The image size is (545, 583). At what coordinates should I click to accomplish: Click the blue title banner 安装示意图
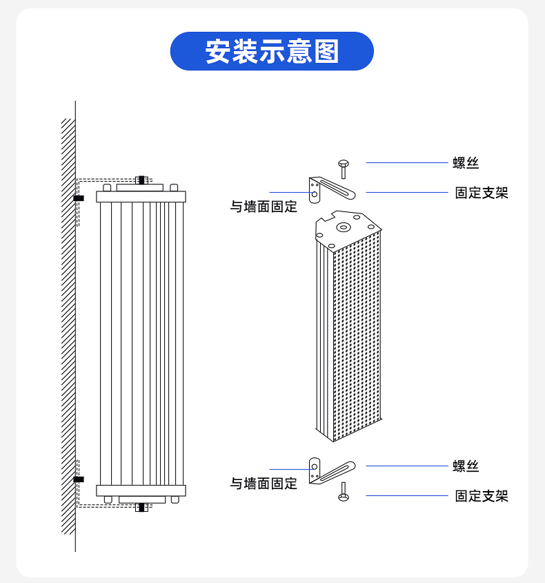click(272, 51)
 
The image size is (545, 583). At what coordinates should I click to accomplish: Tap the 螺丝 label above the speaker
click(465, 163)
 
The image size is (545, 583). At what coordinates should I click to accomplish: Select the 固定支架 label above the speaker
click(481, 193)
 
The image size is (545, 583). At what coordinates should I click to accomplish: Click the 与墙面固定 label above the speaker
click(264, 207)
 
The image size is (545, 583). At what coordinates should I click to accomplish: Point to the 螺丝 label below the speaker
click(465, 466)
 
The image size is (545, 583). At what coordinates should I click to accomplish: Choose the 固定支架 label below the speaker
click(481, 496)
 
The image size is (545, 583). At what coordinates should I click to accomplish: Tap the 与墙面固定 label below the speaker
click(264, 484)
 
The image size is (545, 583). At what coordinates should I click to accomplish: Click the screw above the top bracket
click(343, 168)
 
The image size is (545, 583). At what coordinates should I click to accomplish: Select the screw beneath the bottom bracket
click(343, 492)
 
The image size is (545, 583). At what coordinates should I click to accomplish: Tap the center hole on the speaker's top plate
click(343, 226)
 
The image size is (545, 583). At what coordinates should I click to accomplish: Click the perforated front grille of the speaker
click(357, 338)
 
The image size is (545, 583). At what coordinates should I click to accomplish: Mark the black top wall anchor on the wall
click(78, 198)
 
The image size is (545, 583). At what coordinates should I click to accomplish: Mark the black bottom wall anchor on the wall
click(78, 479)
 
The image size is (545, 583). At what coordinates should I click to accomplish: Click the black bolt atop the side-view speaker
click(142, 180)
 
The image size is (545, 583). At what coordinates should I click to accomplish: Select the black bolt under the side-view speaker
click(142, 507)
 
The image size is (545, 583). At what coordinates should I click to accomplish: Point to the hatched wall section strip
click(68, 325)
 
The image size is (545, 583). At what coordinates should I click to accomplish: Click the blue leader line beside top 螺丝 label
click(406, 163)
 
